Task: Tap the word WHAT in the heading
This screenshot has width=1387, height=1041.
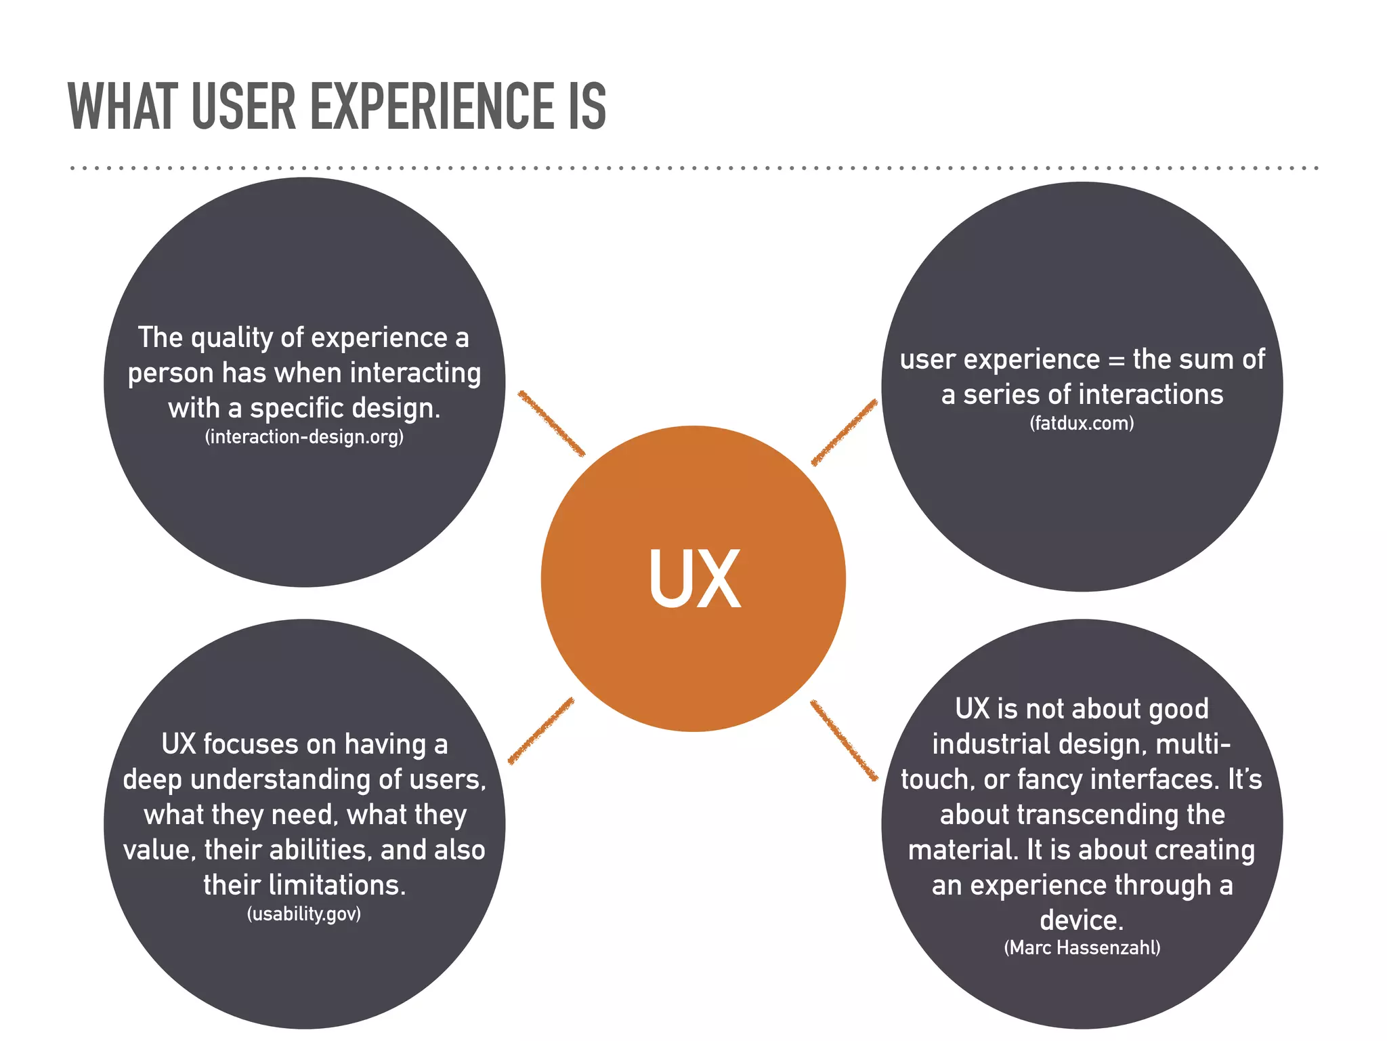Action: coord(121,106)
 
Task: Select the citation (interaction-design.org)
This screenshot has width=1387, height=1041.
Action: coord(304,436)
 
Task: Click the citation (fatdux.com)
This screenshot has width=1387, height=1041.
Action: coord(1082,424)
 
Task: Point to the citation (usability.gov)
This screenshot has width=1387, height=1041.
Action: coord(304,914)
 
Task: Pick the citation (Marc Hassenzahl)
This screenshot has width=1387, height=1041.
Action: coord(1082,947)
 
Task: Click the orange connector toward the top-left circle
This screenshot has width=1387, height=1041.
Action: coord(551,423)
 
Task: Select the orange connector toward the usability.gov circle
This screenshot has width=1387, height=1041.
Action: coord(540,731)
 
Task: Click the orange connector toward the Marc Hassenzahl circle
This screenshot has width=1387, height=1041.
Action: coord(844,740)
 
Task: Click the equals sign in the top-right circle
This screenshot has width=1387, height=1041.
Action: coord(1116,360)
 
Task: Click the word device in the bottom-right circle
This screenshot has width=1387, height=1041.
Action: coord(1078,920)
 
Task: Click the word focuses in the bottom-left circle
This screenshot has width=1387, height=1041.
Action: coord(251,744)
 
